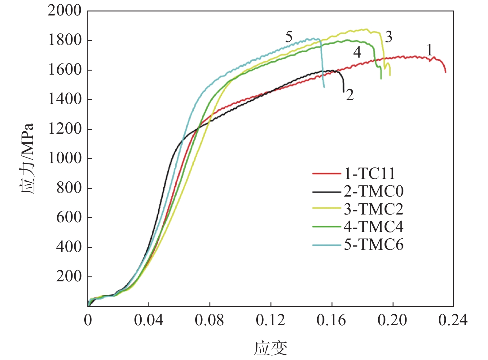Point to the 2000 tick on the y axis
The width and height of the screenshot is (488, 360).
[x=64, y=11]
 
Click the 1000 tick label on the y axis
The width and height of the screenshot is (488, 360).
[x=64, y=158]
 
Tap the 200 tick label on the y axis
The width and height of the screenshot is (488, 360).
[x=68, y=276]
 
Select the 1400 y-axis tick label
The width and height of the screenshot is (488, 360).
[x=64, y=99]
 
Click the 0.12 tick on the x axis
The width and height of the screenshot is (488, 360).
[x=270, y=320]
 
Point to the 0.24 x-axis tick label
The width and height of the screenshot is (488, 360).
[x=453, y=320]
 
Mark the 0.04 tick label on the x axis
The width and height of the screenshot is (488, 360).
[x=149, y=320]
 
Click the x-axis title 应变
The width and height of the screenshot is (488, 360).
[x=270, y=349]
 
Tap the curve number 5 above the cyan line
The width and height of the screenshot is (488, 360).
[x=289, y=37]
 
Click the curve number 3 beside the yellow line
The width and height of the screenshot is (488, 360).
[x=389, y=37]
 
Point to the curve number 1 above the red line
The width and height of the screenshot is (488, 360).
[x=429, y=50]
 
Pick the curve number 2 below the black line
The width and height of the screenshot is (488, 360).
[x=350, y=95]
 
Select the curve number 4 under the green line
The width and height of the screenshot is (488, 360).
[x=357, y=52]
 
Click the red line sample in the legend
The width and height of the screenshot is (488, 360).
[x=326, y=174]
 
